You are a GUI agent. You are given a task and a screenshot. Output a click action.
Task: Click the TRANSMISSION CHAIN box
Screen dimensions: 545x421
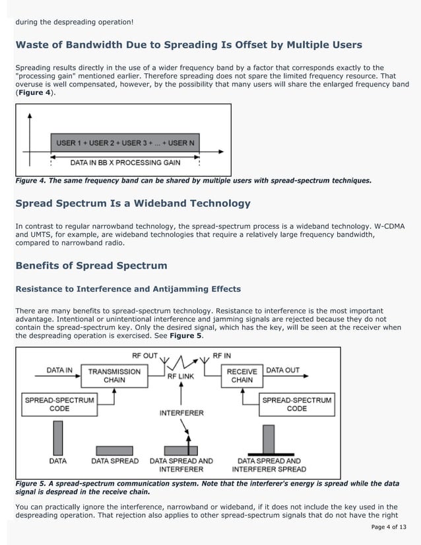pos(115,375)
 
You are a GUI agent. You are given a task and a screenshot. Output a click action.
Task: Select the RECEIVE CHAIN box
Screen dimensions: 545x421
pos(242,375)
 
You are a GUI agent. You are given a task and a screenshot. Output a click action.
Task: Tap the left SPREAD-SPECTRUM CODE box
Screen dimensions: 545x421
pos(59,404)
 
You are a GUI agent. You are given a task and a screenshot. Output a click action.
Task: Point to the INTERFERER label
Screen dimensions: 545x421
pos(181,413)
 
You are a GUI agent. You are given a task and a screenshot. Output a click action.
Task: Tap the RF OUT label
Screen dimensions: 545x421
pos(145,355)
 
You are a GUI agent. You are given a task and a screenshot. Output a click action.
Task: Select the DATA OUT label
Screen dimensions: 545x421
pos(282,370)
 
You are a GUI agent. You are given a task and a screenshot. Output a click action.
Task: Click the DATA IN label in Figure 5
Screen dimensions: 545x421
pos(59,370)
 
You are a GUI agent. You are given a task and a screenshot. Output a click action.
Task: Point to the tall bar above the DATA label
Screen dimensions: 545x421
pos(57,435)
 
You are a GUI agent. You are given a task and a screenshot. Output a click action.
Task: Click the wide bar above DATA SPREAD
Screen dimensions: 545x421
pos(115,451)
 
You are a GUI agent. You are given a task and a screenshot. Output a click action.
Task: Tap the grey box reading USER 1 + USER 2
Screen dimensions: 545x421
pos(125,143)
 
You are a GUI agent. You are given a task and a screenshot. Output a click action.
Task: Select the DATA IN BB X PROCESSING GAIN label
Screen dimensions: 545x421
pos(125,162)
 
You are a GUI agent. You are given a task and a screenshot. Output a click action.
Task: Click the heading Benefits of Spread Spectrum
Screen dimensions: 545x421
pos(91,265)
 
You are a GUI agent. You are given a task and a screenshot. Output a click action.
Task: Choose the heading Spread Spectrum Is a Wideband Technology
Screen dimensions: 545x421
pos(133,203)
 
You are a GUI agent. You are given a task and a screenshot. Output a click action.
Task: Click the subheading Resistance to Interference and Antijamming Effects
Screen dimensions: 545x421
pos(128,289)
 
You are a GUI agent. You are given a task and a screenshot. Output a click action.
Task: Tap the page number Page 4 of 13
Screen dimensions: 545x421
pos(389,527)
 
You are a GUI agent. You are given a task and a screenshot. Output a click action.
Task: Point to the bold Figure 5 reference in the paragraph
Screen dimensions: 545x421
pos(185,335)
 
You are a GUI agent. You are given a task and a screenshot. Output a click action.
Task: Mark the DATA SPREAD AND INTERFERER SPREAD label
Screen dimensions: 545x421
pos(271,465)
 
